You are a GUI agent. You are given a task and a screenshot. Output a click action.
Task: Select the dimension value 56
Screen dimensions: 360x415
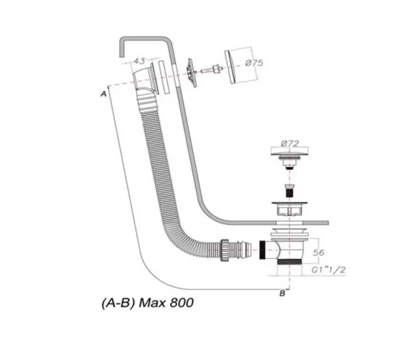point(319,253)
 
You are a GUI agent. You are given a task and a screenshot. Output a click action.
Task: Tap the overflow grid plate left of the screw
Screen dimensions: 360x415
point(191,70)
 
